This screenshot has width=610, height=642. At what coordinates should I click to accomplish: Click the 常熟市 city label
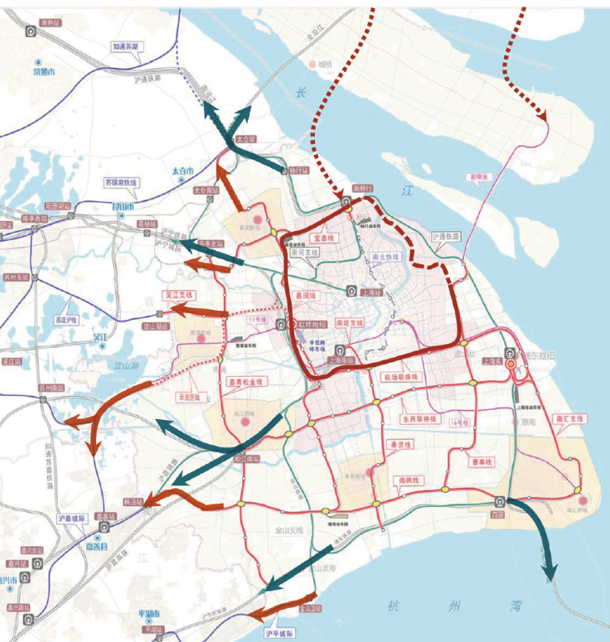point(44,73)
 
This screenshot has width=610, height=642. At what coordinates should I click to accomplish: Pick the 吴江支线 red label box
point(176,294)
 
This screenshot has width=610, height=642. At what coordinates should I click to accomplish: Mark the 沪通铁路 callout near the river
point(446,236)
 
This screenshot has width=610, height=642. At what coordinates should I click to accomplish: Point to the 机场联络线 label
point(401,377)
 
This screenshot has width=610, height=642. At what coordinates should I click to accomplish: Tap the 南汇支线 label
point(568,418)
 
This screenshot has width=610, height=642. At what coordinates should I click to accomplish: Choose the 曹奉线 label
point(481,462)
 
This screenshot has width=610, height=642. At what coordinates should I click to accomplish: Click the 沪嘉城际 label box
point(72,519)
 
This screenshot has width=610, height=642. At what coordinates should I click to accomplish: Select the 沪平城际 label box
point(280,634)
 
